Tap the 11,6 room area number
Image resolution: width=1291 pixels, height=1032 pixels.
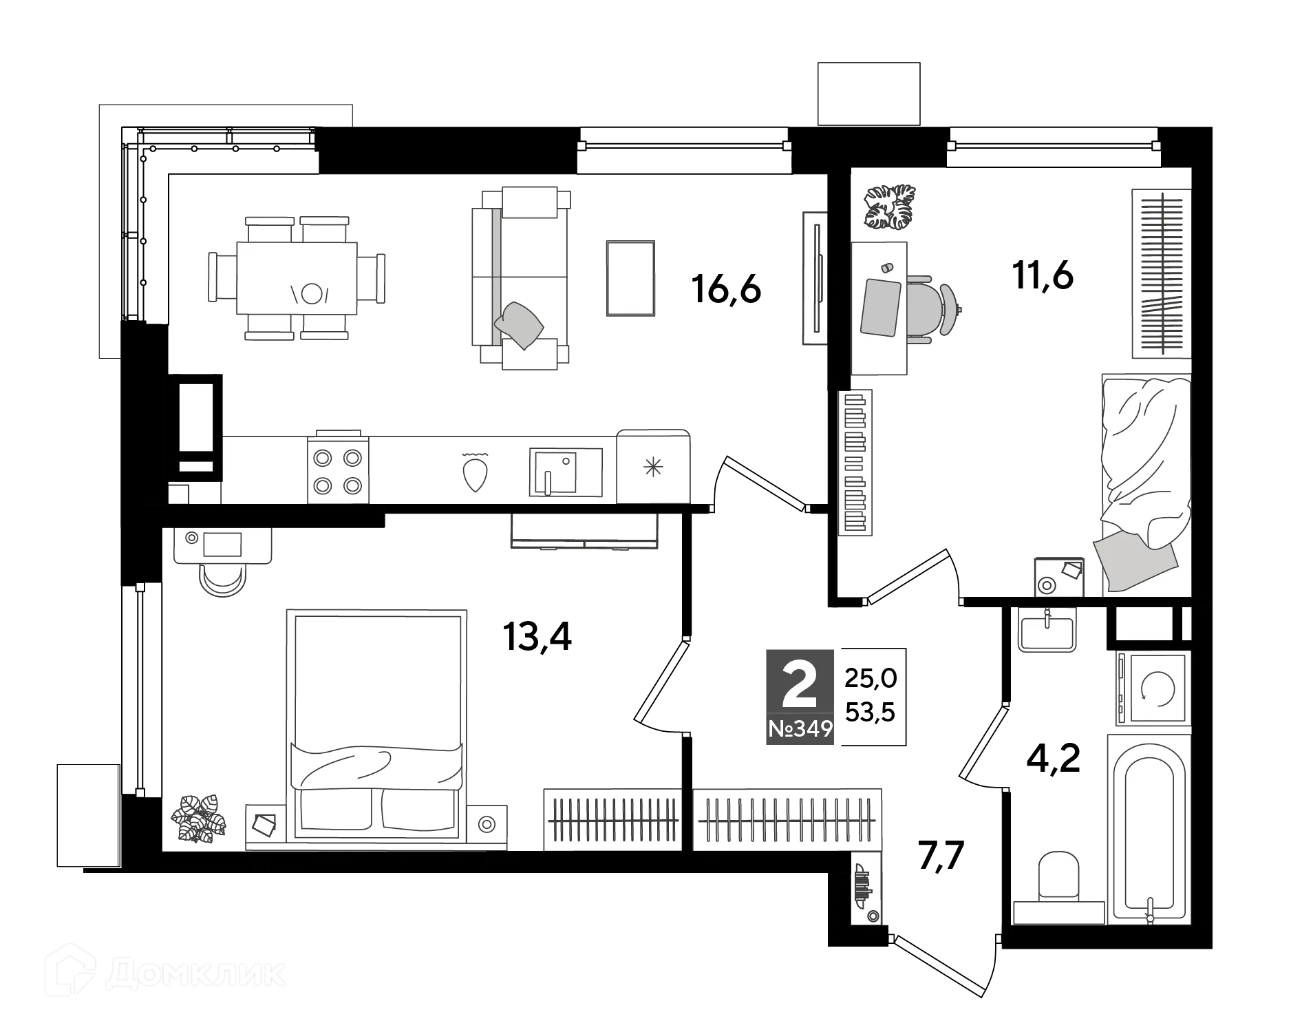[1043, 277]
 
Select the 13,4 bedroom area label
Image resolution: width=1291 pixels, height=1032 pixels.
[537, 638]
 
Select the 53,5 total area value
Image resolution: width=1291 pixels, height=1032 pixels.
[870, 713]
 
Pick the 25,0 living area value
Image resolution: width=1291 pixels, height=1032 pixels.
[871, 679]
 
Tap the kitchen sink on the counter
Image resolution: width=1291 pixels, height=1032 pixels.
[566, 472]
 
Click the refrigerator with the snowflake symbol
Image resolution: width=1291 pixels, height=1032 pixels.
[653, 467]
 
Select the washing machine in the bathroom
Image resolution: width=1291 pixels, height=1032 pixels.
[1153, 687]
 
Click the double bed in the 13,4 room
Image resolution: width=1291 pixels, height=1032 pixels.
[376, 724]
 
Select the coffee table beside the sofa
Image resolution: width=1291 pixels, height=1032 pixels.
[630, 278]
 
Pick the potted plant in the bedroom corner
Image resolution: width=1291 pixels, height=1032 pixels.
[202, 817]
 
